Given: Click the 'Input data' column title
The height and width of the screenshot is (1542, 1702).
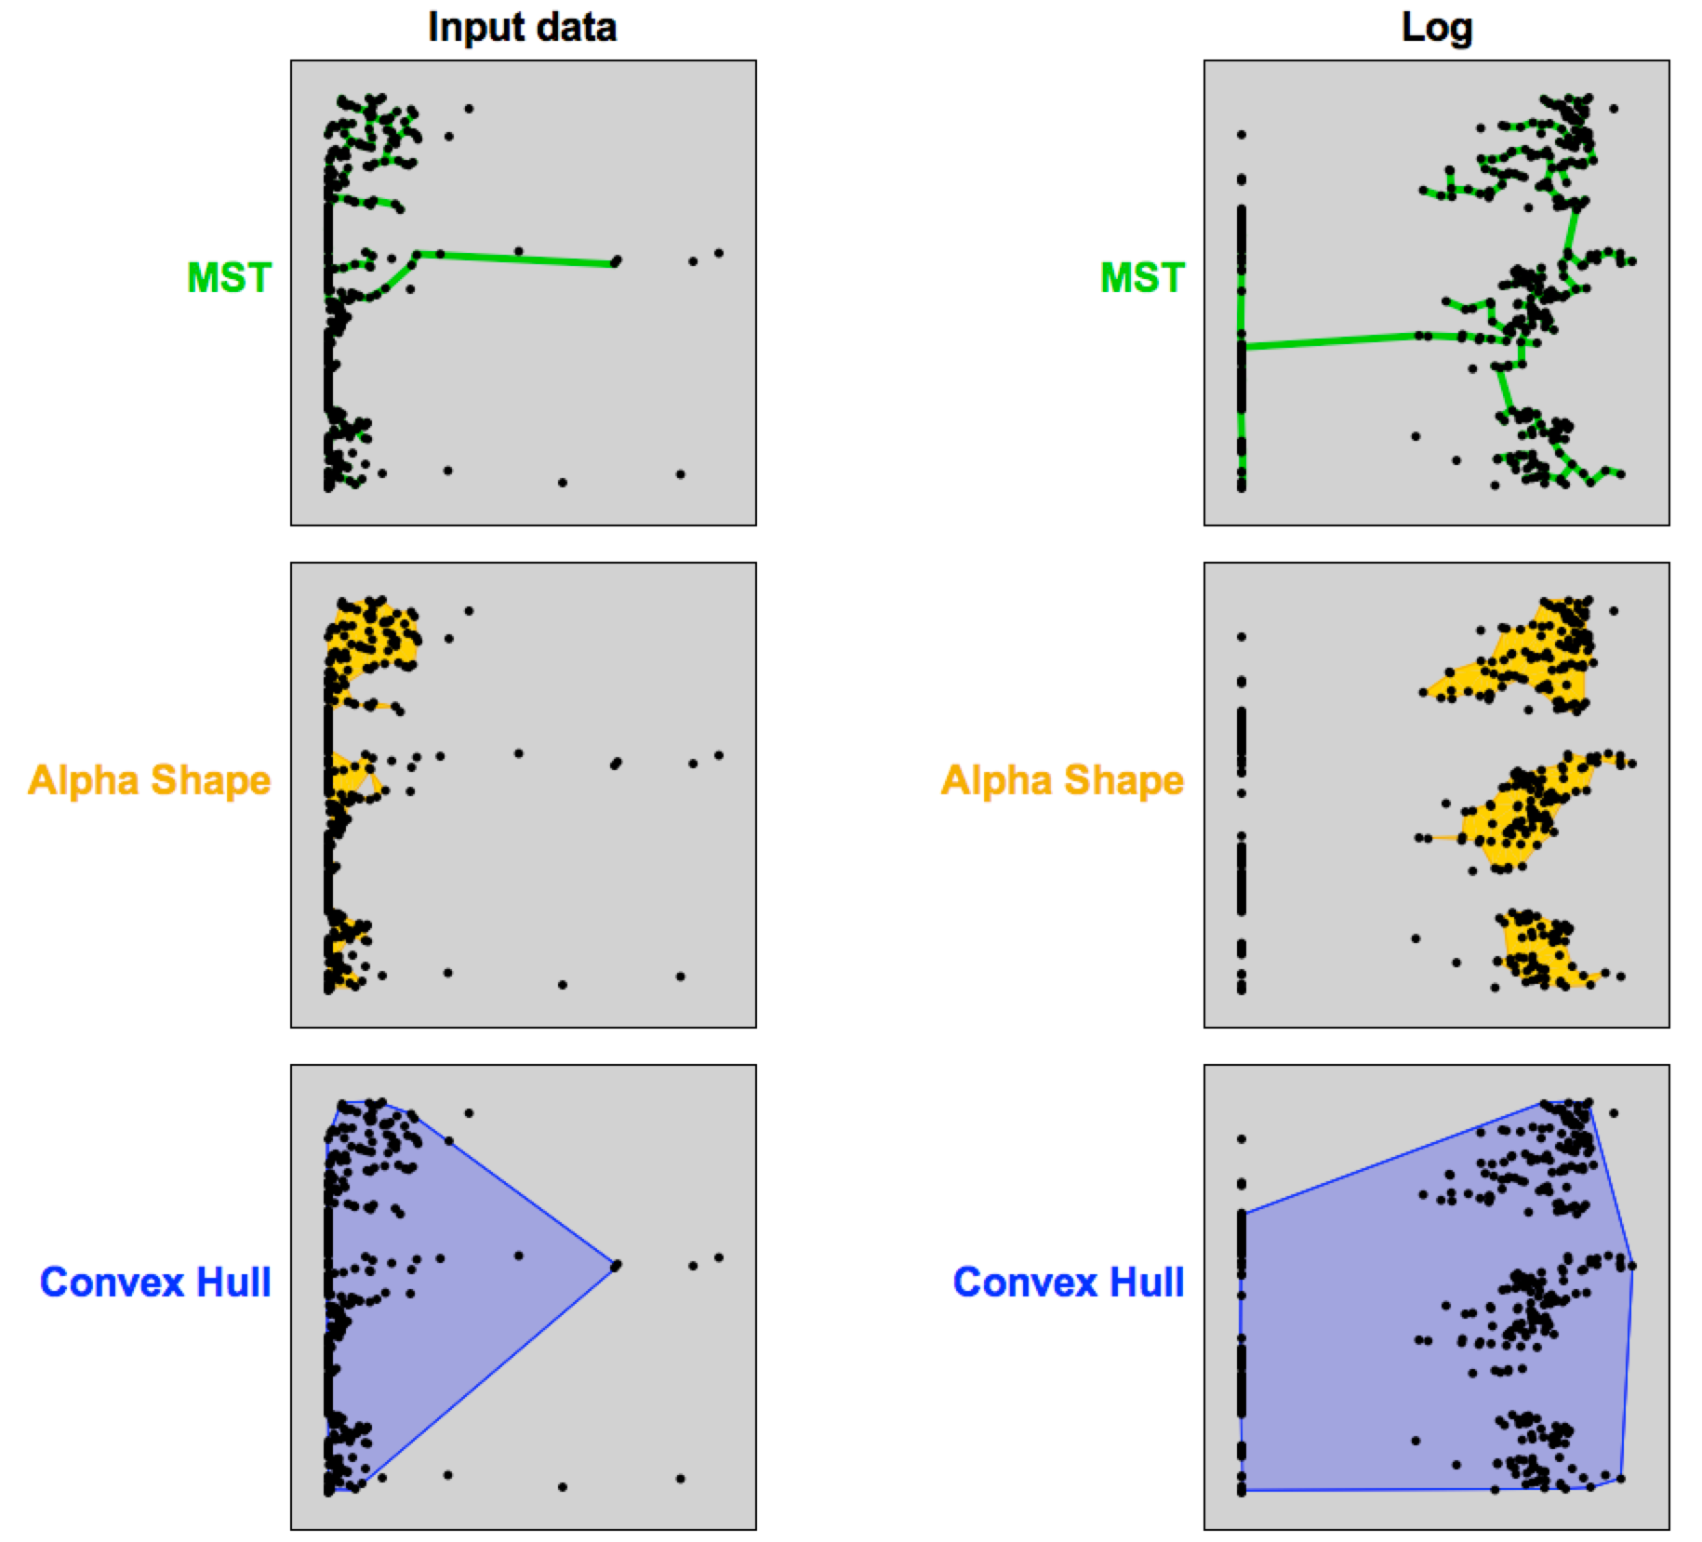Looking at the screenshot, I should [522, 27].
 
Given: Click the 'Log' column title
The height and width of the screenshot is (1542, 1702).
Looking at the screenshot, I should [1436, 27].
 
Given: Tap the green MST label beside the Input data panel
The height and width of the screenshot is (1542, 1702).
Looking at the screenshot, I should [229, 278].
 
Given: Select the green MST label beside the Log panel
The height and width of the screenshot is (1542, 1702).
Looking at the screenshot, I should [1142, 278].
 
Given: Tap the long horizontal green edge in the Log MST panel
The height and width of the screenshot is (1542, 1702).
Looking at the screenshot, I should [1330, 340].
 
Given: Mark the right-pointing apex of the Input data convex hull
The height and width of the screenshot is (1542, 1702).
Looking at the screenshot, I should [615, 1265].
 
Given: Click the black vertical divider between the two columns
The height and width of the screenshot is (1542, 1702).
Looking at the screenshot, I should [844, 771].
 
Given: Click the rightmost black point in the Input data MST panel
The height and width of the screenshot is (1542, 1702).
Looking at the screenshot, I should [719, 253].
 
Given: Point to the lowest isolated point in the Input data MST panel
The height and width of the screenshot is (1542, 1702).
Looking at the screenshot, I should [563, 482].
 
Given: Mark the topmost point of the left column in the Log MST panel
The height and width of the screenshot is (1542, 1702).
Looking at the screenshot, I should [1241, 135].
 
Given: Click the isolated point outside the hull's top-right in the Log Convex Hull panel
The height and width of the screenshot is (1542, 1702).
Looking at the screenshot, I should [1614, 1113].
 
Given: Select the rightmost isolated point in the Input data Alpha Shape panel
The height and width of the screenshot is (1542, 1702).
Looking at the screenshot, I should [719, 755].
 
